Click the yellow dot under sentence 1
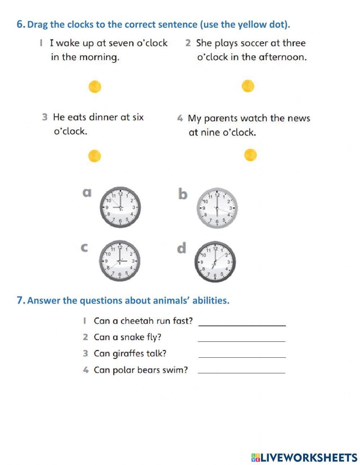pos(95,86)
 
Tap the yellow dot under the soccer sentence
pos(248,86)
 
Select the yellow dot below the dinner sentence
pos(94,156)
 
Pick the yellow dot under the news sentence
pos(250,155)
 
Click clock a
pos(120,207)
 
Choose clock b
pos(217,208)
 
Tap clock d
pos(215,262)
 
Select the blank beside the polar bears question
pos(242,370)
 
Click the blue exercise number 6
pos(21,24)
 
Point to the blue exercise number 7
pos(21,300)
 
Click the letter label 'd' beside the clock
pos(182,248)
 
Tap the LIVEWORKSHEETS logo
pos(304,457)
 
